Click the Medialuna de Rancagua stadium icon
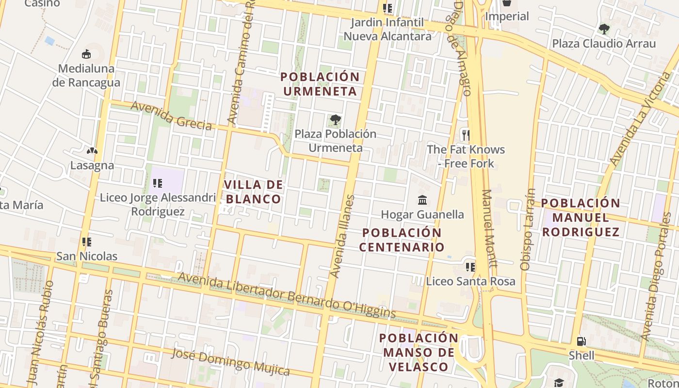[x=86, y=54]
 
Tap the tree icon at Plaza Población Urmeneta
[x=335, y=119]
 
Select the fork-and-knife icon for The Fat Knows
[x=466, y=135]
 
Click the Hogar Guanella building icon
[x=422, y=200]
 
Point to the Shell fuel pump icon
[x=581, y=341]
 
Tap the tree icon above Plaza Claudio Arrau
[x=604, y=29]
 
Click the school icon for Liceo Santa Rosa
[x=470, y=266]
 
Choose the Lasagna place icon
[x=92, y=151]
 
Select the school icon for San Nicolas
[x=87, y=242]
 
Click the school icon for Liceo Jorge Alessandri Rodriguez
[x=157, y=183]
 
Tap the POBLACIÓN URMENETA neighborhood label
[x=320, y=84]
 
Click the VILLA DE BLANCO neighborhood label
[x=253, y=192]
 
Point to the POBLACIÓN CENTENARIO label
[x=402, y=240]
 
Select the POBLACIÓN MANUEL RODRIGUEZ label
[x=581, y=217]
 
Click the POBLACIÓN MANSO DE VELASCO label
[x=419, y=352]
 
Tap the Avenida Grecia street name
[x=171, y=115]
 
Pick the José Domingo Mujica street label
[x=230, y=361]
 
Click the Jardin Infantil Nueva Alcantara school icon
[x=387, y=8]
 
